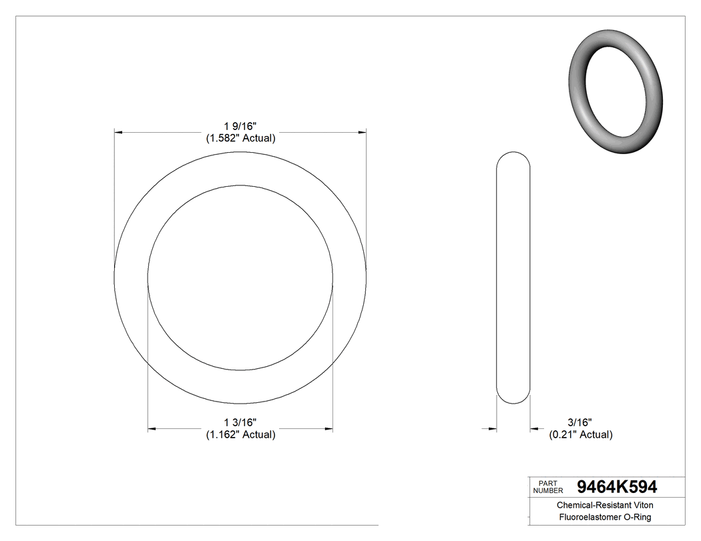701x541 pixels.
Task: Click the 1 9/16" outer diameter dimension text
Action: (x=240, y=125)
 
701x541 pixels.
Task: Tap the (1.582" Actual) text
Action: (x=240, y=138)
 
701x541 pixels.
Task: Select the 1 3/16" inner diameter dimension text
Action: (x=240, y=422)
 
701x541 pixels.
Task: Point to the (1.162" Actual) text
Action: (x=240, y=435)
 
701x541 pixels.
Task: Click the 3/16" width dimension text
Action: (x=580, y=422)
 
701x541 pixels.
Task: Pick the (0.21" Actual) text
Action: (x=580, y=435)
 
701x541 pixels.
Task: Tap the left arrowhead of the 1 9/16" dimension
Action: (x=119, y=133)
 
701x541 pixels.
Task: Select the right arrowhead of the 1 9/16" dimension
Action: (x=362, y=133)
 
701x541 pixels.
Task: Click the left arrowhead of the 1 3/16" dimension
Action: (x=152, y=428)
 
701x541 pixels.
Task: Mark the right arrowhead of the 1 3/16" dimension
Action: (x=328, y=428)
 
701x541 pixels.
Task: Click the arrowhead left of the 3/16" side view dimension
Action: (x=493, y=428)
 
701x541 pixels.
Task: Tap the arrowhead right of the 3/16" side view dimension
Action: (x=534, y=428)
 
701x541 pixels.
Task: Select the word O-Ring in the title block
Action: (x=637, y=517)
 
